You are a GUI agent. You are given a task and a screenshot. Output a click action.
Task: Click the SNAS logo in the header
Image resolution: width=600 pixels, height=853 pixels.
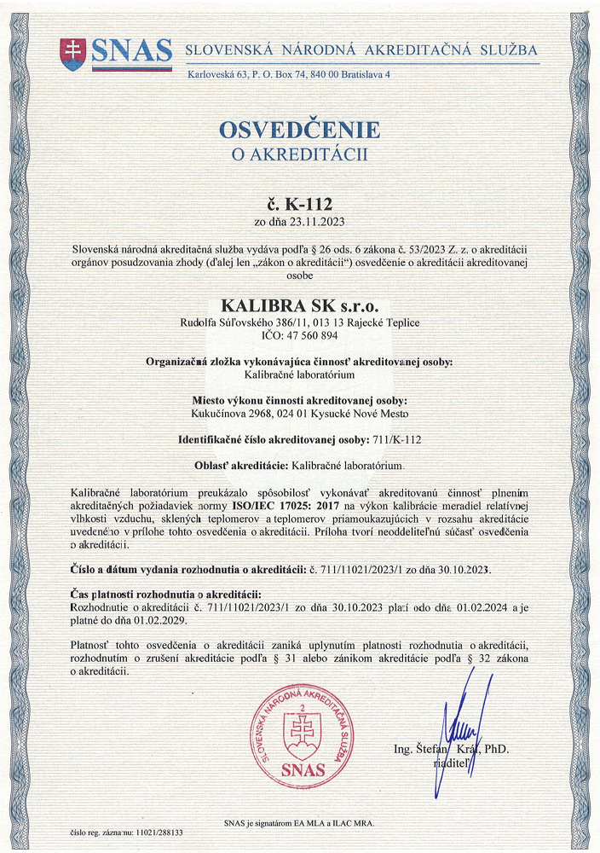pos(116,53)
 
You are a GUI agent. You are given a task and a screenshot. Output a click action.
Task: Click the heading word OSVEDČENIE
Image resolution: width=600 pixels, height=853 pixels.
pos(299,131)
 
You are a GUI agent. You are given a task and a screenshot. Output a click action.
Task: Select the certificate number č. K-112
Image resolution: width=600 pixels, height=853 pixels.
pos(299,205)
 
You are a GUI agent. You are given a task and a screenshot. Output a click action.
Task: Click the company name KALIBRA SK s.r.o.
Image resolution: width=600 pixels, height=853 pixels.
pos(299,305)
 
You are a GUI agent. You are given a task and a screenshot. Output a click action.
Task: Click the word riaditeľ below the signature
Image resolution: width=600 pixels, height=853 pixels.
pos(451,766)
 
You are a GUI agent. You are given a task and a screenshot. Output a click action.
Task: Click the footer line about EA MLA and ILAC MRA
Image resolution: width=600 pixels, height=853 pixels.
pos(299,823)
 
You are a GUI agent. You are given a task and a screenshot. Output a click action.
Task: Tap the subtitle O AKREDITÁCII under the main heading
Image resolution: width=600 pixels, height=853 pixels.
pos(299,154)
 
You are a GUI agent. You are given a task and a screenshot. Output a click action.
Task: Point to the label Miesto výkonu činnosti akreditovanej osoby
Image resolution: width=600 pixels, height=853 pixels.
pos(299,401)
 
